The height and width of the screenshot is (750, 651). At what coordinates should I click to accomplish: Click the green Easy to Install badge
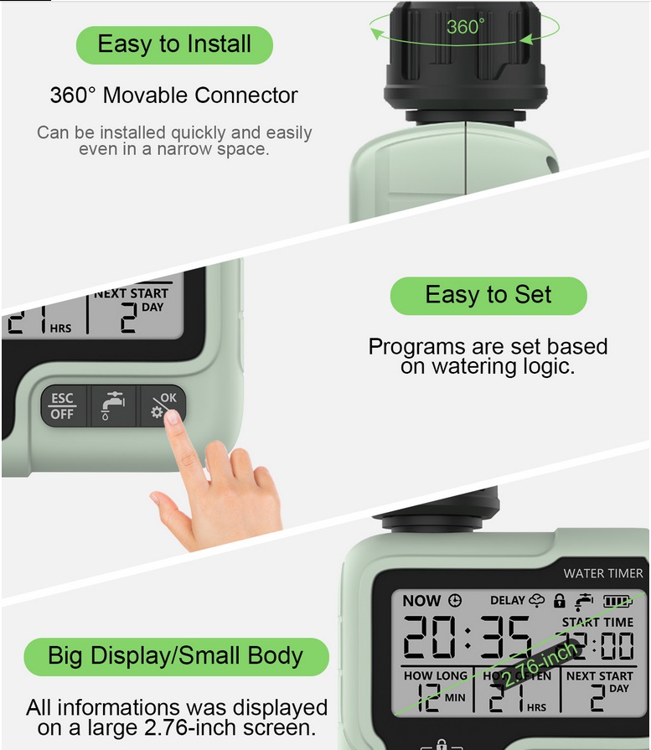pos(174,44)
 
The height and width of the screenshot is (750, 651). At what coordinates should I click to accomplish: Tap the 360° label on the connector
pos(465,27)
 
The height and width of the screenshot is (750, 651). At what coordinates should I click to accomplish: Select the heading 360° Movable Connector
pos(174,95)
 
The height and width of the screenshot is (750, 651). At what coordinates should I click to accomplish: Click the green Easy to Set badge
pos(488,295)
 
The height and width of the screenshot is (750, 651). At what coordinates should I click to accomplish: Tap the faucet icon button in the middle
pos(112,406)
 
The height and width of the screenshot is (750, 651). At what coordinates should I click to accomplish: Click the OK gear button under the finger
pos(162,404)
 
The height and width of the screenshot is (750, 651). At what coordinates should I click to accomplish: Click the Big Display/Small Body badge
pos(175,655)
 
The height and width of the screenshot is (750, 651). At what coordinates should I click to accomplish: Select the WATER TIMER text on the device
pos(603,573)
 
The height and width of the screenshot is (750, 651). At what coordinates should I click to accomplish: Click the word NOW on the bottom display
pos(421,601)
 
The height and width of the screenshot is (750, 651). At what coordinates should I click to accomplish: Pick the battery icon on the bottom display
pos(618,601)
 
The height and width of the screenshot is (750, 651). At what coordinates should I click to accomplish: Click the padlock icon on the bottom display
pos(560,601)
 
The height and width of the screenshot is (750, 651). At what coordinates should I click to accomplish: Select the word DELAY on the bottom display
pos(507,601)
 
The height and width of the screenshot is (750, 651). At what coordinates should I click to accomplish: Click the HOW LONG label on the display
pos(435,675)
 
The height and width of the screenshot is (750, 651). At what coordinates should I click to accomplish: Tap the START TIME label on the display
pos(597,622)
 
